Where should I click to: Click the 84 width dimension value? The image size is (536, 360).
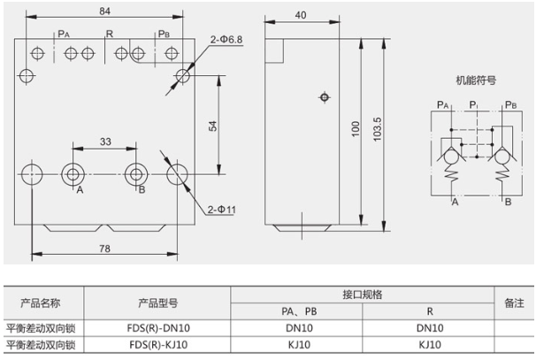click(x=105, y=11)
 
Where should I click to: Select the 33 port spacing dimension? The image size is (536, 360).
click(x=105, y=142)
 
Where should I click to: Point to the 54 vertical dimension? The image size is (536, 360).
click(x=212, y=125)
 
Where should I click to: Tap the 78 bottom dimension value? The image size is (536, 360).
click(x=104, y=249)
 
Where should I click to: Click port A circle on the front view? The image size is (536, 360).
click(x=72, y=171)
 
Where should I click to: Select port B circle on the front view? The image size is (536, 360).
click(x=134, y=171)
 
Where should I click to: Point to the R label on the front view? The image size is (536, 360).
click(x=109, y=34)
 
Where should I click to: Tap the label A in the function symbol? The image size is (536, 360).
click(x=455, y=203)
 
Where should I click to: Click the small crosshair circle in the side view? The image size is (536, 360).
click(x=325, y=96)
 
